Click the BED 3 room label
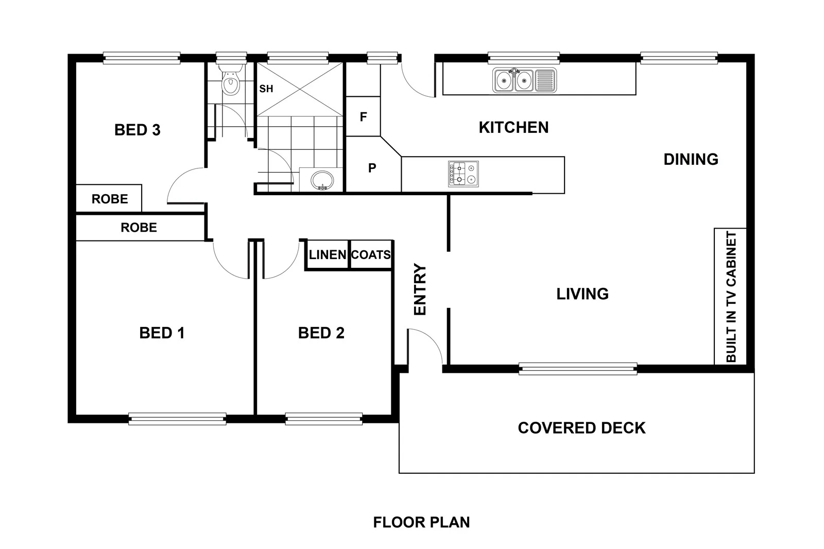tap(137, 130)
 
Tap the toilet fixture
tap(231, 80)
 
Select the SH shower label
tap(266, 89)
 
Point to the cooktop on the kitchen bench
tap(463, 174)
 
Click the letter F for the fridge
tap(363, 117)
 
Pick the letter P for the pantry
tap(372, 168)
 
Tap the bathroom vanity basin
tap(322, 180)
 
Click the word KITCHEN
tap(513, 128)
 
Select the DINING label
tap(691, 159)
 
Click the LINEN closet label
tap(328, 254)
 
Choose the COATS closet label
tap(371, 254)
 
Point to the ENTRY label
tap(420, 289)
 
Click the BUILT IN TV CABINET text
tap(731, 297)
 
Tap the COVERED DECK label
tap(581, 428)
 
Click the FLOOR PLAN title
tap(421, 523)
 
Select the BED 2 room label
tap(321, 333)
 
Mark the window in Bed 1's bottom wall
tap(177, 419)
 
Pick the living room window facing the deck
tap(578, 369)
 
